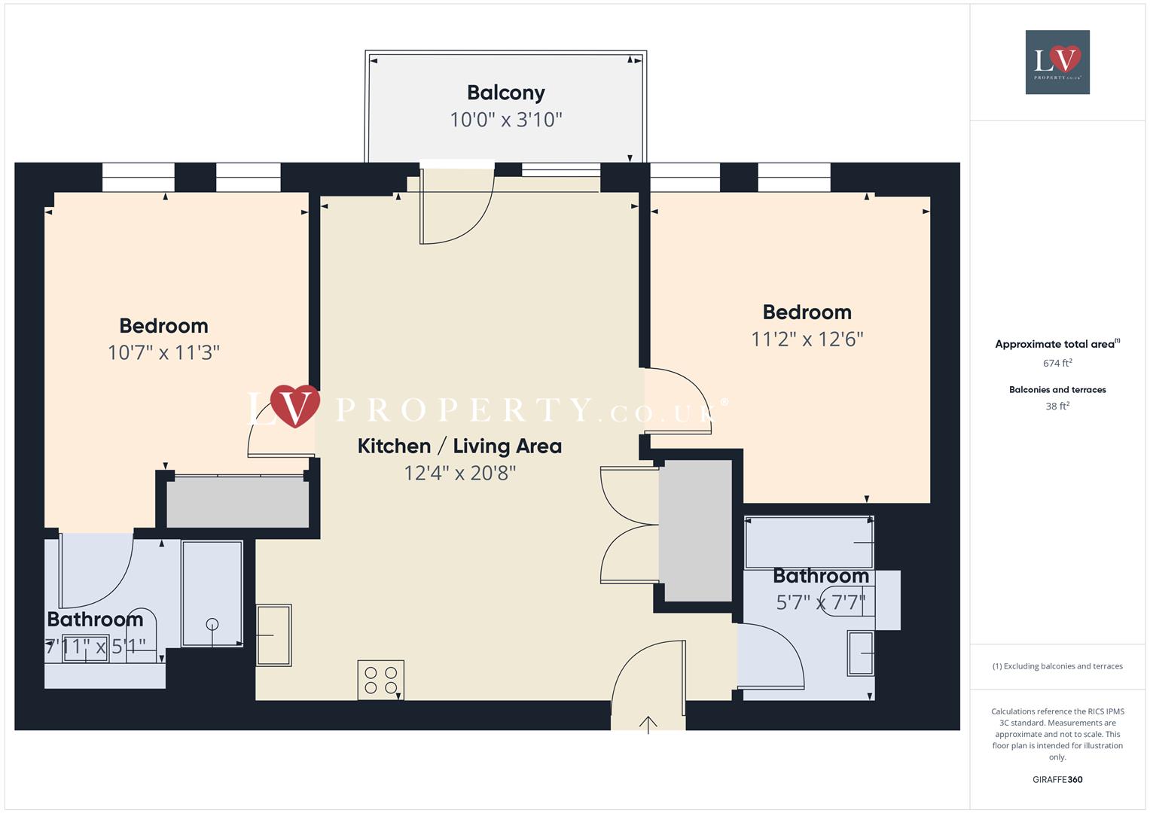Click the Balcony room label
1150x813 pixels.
505,93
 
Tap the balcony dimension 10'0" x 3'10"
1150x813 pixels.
505,120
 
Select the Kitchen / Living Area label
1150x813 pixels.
459,446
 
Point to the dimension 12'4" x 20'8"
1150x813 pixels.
459,473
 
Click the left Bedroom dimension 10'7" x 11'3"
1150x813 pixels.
163,353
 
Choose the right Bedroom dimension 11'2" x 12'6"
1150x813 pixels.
807,340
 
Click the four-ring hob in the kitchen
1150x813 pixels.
380,680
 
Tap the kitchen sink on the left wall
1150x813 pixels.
273,635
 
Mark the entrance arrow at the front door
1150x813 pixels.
648,724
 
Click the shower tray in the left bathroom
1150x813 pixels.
212,593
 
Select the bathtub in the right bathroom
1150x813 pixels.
808,542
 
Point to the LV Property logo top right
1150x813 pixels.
1057,62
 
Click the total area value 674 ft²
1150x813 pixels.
1057,364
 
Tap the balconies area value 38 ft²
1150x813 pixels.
1057,406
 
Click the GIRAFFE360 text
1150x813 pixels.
1057,780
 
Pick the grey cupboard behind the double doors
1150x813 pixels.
694,531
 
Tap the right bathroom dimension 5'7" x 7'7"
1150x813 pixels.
821,603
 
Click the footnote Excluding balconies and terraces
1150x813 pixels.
1057,666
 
